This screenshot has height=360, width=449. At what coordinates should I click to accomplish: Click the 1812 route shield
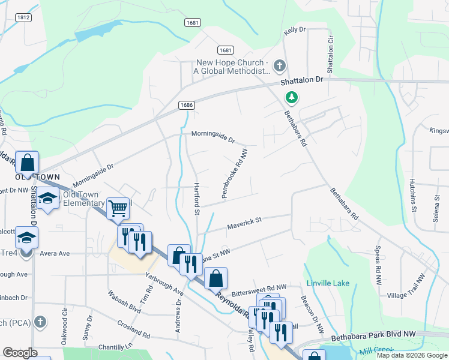tap(24, 18)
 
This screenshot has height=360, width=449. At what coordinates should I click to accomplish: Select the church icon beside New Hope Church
tap(279, 65)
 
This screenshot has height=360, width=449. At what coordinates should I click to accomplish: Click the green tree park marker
tap(292, 97)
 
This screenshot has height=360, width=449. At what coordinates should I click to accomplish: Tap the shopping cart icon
tap(118, 209)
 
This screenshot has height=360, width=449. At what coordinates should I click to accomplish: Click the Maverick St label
tap(244, 224)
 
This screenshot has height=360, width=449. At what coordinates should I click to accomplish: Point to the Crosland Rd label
tap(134, 327)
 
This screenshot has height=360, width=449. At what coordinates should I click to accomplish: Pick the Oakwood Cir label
tap(64, 326)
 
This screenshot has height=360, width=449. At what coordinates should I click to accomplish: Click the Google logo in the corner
tap(20, 353)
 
